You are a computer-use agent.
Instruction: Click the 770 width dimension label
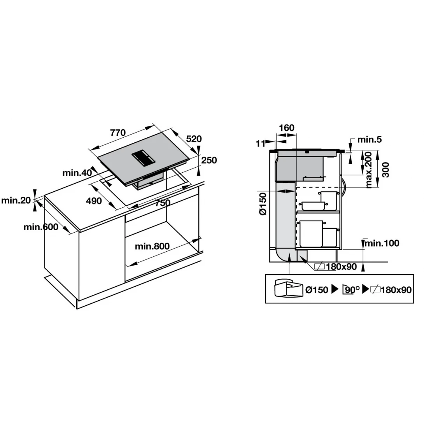(x=118, y=133)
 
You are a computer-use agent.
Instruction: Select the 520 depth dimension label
(x=194, y=139)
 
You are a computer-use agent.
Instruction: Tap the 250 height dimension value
(x=209, y=160)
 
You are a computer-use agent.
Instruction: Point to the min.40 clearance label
(x=77, y=173)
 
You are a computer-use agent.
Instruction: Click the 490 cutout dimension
(x=94, y=201)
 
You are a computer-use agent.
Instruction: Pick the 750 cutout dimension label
(x=163, y=203)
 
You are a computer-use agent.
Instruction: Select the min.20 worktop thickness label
(x=16, y=200)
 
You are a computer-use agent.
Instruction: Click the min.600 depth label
(x=41, y=227)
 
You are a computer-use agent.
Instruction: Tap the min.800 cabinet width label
(x=152, y=246)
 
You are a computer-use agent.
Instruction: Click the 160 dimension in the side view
(x=286, y=128)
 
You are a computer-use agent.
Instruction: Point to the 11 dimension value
(x=260, y=144)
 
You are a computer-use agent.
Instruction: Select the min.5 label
(x=370, y=140)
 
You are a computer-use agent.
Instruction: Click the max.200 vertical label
(x=368, y=170)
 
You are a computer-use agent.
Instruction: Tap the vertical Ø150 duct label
(x=263, y=203)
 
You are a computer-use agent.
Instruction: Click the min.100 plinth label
(x=382, y=243)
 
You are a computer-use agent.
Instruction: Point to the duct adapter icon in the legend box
(x=289, y=289)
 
